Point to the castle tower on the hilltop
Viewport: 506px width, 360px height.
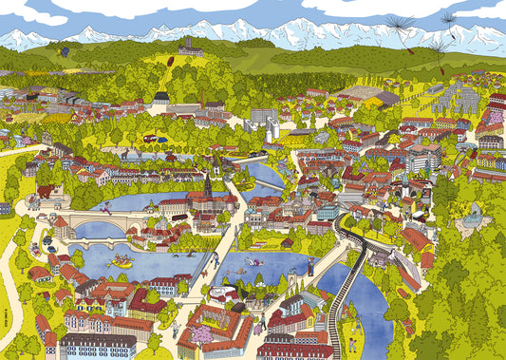(x=190, y=45)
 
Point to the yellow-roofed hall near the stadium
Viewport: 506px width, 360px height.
(x=385, y=97)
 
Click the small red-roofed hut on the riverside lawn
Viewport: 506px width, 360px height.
(x=285, y=242)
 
